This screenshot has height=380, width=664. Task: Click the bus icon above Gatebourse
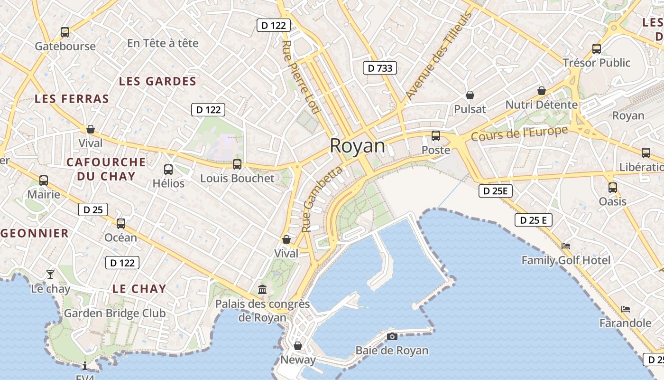tap(65, 32)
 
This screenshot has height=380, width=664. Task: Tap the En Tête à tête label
tap(163, 43)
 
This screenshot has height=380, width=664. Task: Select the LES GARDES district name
tap(157, 81)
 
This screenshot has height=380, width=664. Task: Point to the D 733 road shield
tap(380, 68)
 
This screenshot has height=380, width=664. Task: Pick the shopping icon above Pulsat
tap(470, 95)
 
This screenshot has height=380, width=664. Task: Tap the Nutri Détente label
tap(541, 104)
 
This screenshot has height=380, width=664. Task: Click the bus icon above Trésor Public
tap(597, 49)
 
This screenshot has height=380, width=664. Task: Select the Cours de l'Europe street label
tap(519, 133)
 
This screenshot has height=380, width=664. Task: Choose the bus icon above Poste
tap(436, 136)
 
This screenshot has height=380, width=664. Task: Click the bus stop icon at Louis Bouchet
tap(237, 164)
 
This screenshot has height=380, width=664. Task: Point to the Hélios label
tap(168, 183)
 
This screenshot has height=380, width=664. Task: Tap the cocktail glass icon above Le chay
tap(50, 275)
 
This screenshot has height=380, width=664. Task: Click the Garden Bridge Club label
tap(115, 313)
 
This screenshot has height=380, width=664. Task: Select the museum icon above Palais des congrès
tap(262, 289)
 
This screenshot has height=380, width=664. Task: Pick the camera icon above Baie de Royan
tap(392, 337)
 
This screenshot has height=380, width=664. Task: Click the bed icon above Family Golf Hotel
tap(566, 246)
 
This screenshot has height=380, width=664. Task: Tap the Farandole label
tap(625, 323)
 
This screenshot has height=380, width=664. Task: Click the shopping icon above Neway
tap(298, 346)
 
